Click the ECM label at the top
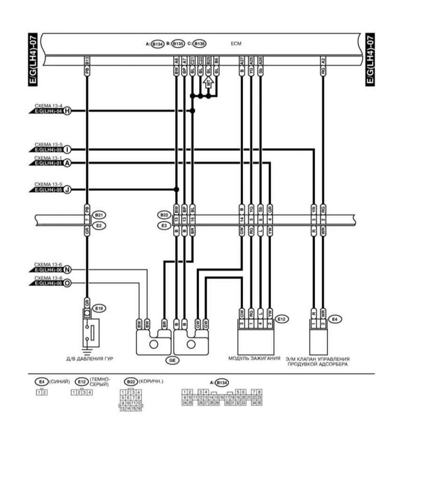[x=236, y=44]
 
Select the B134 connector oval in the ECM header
[x=157, y=44]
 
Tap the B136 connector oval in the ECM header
[x=199, y=44]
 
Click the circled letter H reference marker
[x=67, y=111]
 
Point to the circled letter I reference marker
[x=67, y=149]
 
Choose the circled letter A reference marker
[x=67, y=163]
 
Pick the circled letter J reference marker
[x=67, y=189]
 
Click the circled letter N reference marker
[x=67, y=270]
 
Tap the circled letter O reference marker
[x=67, y=283]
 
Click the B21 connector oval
[x=99, y=215]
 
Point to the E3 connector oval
[x=164, y=226]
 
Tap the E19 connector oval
[x=100, y=308]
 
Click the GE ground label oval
[x=172, y=361]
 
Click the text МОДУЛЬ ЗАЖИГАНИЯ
[x=254, y=359]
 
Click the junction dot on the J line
[x=177, y=189]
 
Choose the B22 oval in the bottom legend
[x=131, y=382]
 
